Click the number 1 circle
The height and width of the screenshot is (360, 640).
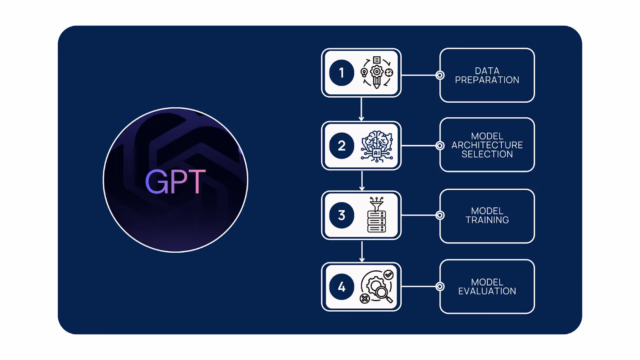342,73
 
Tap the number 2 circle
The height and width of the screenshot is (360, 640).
342,146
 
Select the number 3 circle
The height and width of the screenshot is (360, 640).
342,215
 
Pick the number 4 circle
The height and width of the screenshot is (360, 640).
342,287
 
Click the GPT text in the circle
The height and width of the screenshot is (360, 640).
175,182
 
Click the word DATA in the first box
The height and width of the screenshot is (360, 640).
487,71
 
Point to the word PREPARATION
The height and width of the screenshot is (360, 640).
487,80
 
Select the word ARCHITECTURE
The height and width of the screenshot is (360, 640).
487,145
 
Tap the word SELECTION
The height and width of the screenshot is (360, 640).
487,154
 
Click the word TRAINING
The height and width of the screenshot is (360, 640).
487,220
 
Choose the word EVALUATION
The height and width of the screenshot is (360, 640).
487,291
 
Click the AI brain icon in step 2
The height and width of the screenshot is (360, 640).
377,146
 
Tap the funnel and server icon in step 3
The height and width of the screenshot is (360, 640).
376,215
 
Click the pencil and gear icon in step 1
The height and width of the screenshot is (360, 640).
376,72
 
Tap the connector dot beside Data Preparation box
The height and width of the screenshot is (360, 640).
440,75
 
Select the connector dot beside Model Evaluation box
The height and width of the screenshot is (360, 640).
440,286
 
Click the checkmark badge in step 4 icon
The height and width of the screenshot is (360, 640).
388,275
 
